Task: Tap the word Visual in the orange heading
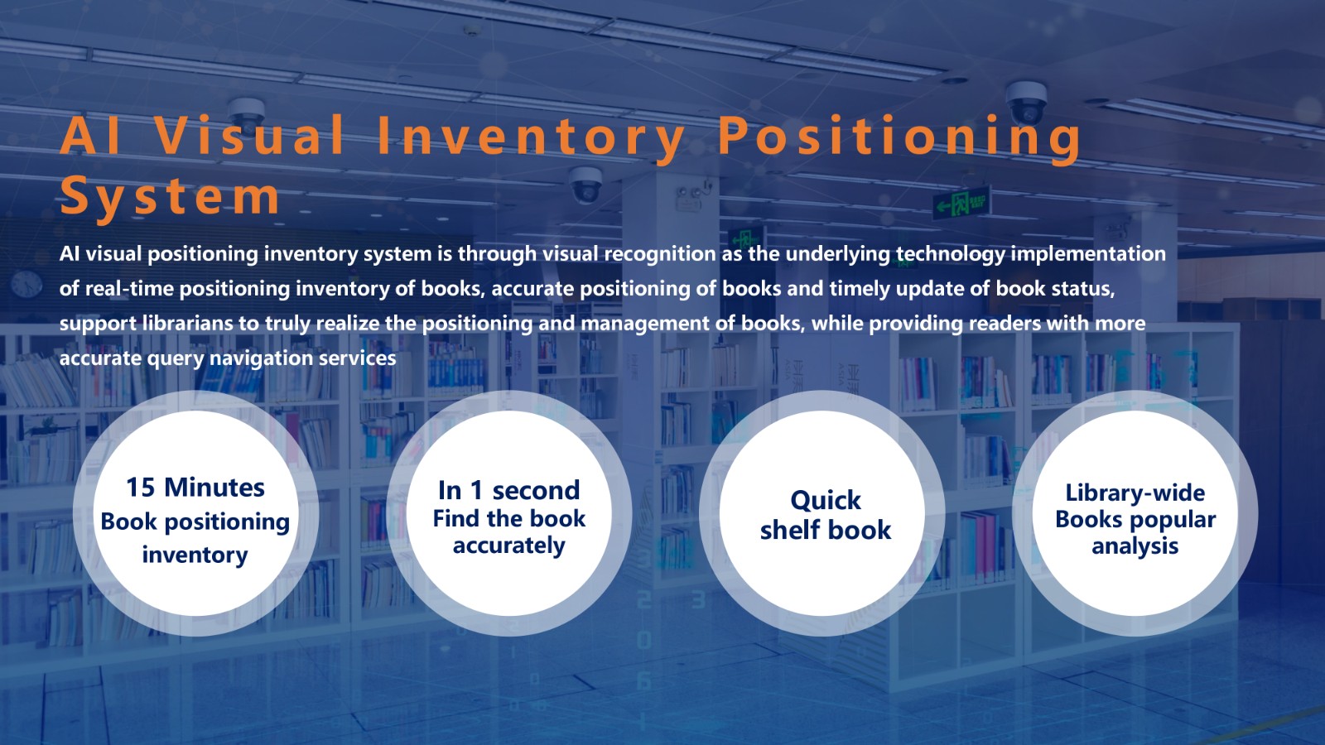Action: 249,136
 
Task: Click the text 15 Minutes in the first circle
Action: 195,488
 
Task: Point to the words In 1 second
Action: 508,490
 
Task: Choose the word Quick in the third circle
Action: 825,501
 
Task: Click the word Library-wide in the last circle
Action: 1135,493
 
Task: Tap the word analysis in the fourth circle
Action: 1135,546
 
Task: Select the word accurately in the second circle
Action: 508,546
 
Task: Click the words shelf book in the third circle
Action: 825,530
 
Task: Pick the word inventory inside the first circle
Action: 195,555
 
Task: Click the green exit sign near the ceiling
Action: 961,204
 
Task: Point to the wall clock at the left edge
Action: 26,284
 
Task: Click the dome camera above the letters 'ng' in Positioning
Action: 1026,103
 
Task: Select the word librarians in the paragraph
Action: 188,324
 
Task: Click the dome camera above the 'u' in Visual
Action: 246,113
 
